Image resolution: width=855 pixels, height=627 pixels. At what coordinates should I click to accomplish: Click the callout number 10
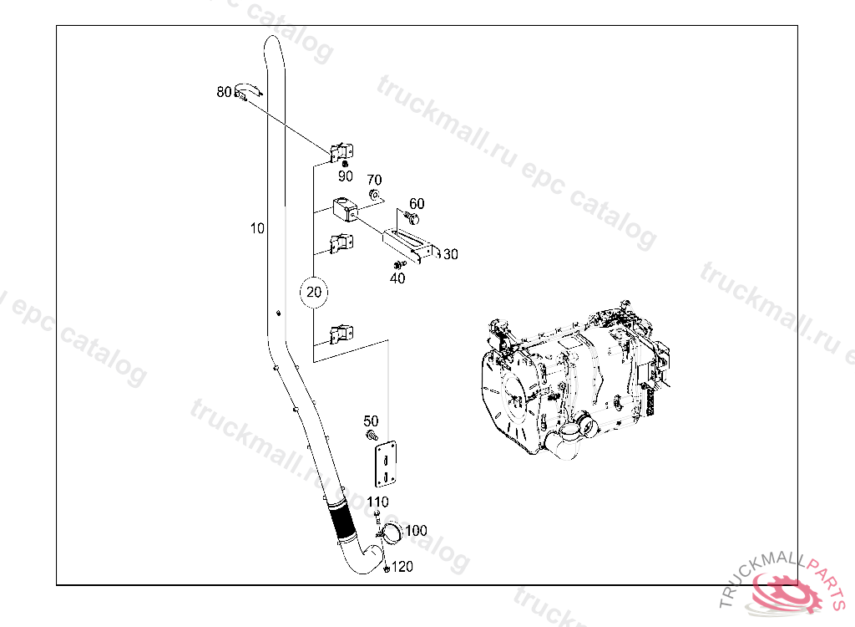point(257,227)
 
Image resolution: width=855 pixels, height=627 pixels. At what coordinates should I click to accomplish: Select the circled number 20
point(314,293)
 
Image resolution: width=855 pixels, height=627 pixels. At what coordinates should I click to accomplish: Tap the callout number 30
point(450,254)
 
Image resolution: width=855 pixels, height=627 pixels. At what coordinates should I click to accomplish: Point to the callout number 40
point(397,278)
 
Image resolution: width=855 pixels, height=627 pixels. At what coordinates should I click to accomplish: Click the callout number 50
point(371,421)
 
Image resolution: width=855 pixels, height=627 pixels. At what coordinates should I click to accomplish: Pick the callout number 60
point(417,204)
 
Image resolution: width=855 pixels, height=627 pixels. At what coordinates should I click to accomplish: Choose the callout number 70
point(374,180)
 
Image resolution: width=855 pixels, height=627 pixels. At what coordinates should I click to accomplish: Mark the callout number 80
point(224,92)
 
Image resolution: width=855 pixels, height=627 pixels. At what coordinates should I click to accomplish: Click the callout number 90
point(345,176)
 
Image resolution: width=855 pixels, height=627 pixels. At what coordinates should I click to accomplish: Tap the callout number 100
point(416,530)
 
